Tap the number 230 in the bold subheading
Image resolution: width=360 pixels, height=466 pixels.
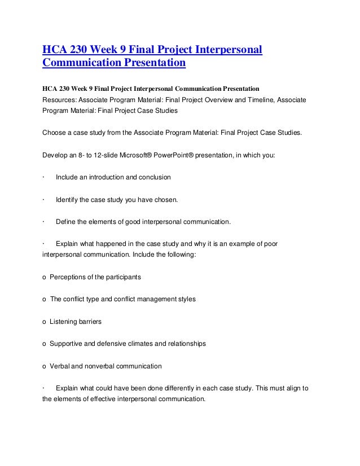pyautogui.click(x=67, y=89)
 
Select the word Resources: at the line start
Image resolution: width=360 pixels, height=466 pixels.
pyautogui.click(x=59, y=100)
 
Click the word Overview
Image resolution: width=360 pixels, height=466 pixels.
pyautogui.click(x=205, y=100)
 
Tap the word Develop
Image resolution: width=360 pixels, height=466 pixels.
pyautogui.click(x=55, y=155)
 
